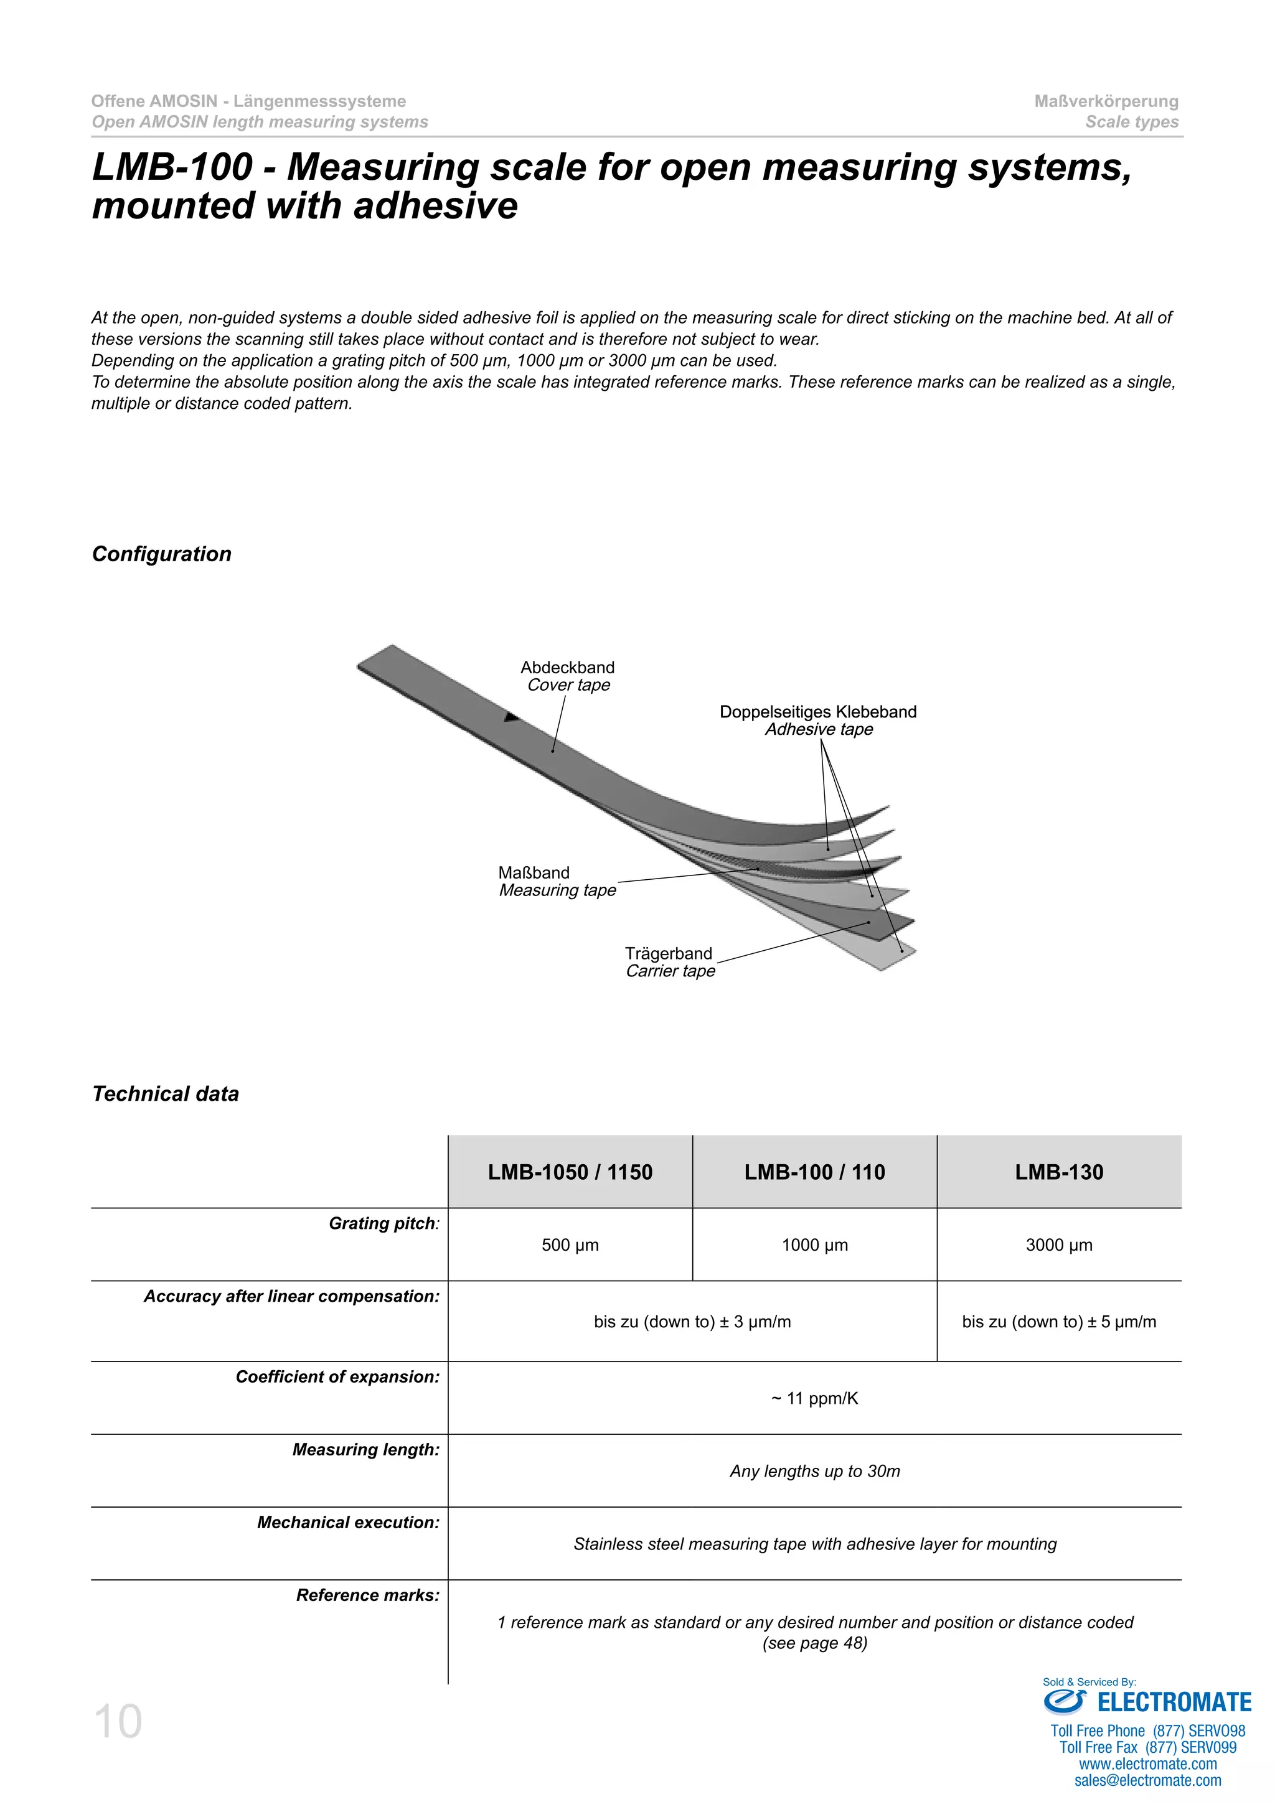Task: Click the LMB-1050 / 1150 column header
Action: (x=570, y=1172)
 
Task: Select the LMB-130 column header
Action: (x=1058, y=1172)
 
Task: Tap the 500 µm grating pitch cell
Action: (x=570, y=1244)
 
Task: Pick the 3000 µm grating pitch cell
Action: (x=1058, y=1244)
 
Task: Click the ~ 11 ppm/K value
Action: (x=814, y=1399)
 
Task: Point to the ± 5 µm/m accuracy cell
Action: (x=1058, y=1322)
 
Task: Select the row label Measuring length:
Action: (x=366, y=1450)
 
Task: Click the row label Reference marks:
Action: (x=367, y=1595)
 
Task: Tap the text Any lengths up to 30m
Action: (x=814, y=1471)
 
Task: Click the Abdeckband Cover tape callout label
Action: (x=568, y=676)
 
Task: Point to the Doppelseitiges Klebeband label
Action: (x=818, y=712)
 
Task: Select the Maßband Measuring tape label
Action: (x=557, y=881)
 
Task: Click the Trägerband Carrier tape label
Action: (x=670, y=962)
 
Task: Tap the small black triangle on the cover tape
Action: (x=511, y=717)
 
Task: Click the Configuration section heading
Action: (x=162, y=554)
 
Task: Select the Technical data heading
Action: (x=166, y=1094)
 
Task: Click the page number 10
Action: (x=118, y=1722)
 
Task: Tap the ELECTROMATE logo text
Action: (x=1173, y=1702)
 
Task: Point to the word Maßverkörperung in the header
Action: (x=1106, y=101)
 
